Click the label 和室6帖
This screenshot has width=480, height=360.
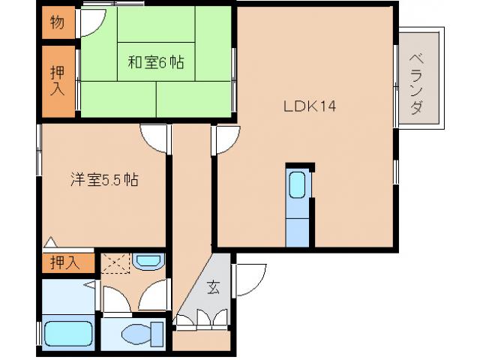[x=155, y=63]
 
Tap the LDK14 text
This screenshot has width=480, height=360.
[x=309, y=106]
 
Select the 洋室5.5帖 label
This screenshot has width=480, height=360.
[x=104, y=180]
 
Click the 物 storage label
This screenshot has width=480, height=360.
[x=57, y=22]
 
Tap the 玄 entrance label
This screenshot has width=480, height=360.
[x=214, y=286]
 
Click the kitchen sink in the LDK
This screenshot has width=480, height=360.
[x=297, y=183]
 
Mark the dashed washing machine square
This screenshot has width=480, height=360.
[x=116, y=263]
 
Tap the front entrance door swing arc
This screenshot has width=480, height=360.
[x=247, y=280]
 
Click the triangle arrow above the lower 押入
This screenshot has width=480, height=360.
[x=49, y=243]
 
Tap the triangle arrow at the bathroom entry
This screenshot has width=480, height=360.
[x=88, y=285]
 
